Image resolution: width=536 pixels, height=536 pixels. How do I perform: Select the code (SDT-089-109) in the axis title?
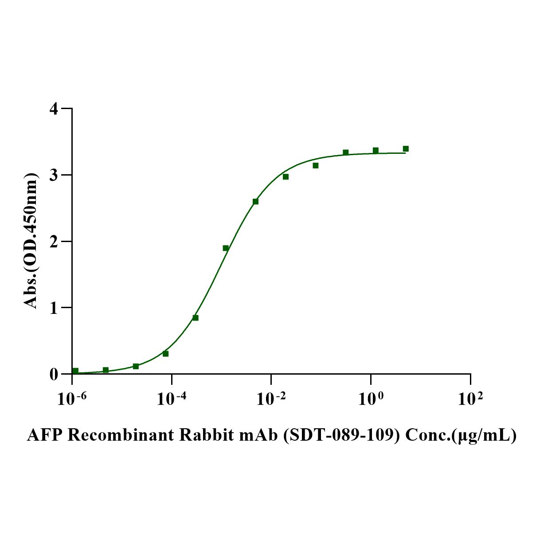340,435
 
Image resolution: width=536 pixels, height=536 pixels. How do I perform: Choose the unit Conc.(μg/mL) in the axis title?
461,435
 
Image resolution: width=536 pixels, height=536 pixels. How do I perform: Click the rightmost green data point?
406,149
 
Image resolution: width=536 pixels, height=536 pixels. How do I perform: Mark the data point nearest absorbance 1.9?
226,248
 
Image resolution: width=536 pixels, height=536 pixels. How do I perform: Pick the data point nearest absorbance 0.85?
196,318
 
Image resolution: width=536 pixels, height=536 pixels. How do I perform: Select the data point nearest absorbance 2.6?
255,201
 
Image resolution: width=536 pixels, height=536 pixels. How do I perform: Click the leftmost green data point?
75,371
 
